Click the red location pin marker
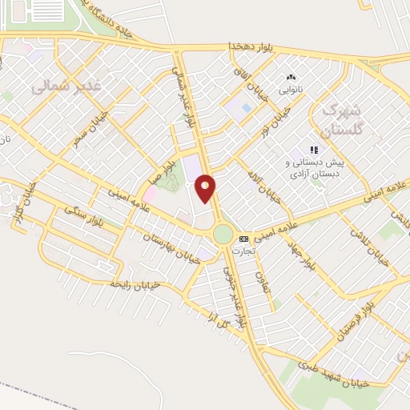coord(205,188)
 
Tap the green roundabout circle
coord(223,235)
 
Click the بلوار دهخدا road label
coord(251,46)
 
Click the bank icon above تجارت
coord(243,239)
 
